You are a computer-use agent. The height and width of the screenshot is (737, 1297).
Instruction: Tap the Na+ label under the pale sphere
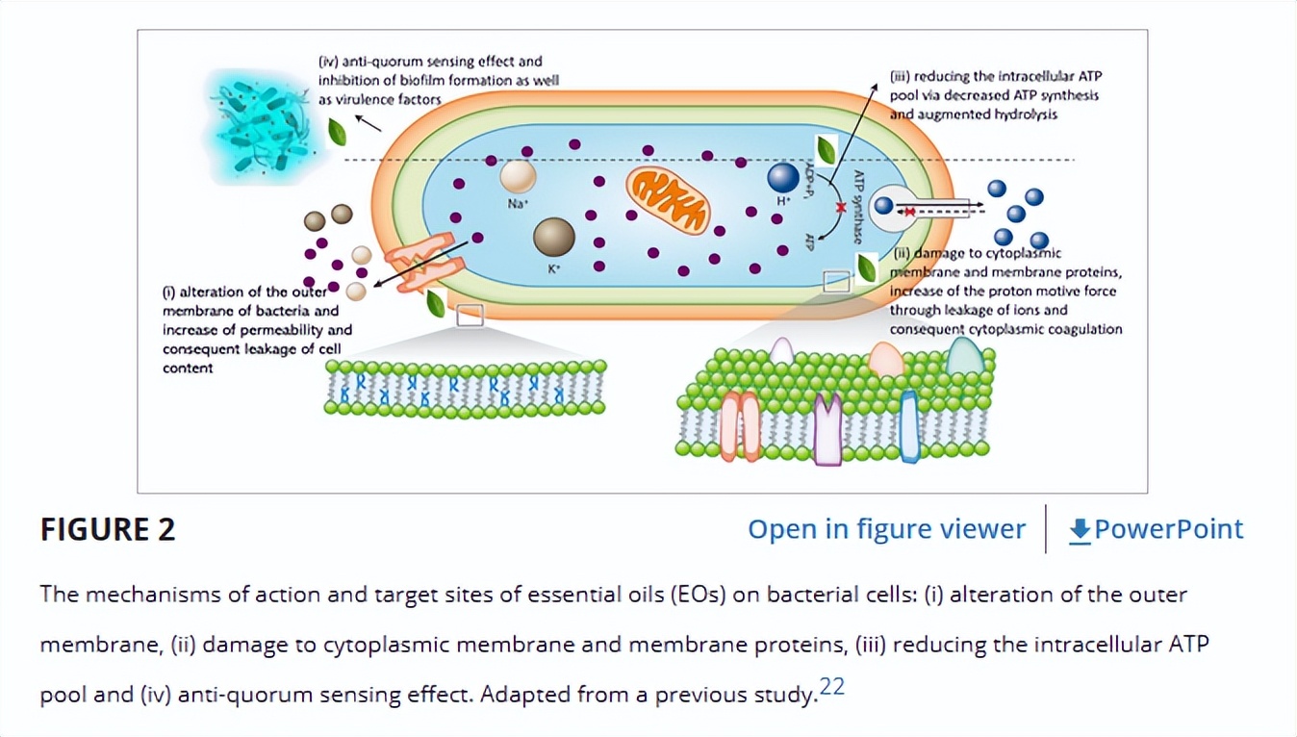click(518, 203)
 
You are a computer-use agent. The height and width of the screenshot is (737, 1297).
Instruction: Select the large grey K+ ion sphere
click(554, 237)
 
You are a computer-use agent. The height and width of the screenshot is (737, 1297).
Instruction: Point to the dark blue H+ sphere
click(783, 177)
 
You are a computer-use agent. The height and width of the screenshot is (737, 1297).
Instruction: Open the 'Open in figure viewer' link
click(886, 529)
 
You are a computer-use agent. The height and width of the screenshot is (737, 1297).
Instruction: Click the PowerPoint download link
click(1168, 529)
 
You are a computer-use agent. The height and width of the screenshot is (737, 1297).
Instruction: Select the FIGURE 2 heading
click(108, 529)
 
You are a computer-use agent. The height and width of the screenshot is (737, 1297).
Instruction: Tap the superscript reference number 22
click(832, 687)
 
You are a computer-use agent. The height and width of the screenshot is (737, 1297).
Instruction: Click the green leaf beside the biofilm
click(338, 132)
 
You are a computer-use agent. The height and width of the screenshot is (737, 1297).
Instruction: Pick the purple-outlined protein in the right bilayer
click(827, 429)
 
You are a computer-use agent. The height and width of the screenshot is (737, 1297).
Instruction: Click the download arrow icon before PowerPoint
click(1080, 530)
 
